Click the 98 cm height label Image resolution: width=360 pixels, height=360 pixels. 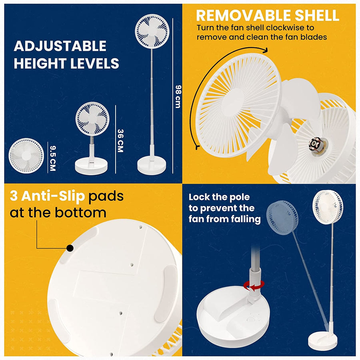pyautogui.click(x=178, y=96)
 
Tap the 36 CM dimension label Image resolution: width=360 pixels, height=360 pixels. pyautogui.click(x=120, y=140)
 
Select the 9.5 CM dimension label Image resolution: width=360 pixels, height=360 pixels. pyautogui.click(x=52, y=158)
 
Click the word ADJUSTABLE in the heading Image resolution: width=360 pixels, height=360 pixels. pyautogui.click(x=60, y=46)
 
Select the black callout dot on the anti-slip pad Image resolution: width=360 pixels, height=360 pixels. pyautogui.click(x=70, y=248)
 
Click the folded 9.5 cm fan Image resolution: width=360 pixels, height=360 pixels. pyautogui.click(x=26, y=156)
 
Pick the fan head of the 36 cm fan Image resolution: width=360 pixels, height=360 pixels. pyautogui.click(x=92, y=119)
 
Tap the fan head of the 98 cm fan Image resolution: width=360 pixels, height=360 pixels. pyautogui.click(x=152, y=31)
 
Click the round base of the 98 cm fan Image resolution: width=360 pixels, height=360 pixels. pyautogui.click(x=152, y=165)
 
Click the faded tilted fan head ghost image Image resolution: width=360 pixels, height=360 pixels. pyautogui.click(x=282, y=218)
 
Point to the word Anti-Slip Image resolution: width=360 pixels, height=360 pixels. pyautogui.click(x=53, y=196)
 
